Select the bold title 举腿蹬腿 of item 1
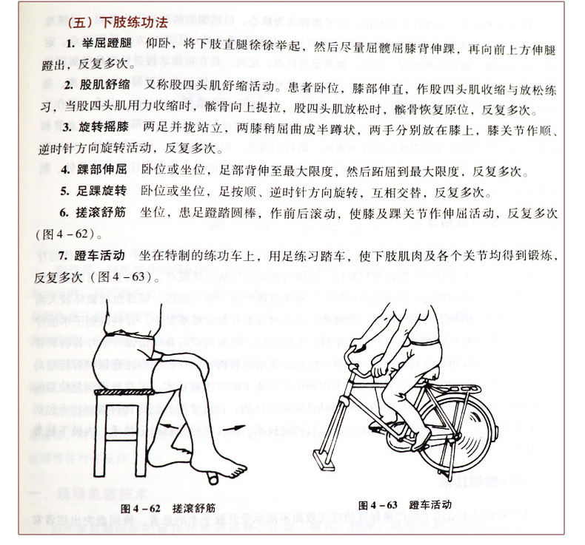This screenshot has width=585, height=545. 104,45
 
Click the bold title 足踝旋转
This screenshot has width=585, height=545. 104,193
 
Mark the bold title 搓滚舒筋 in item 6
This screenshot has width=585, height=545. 104,213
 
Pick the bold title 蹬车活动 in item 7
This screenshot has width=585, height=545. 103,256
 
